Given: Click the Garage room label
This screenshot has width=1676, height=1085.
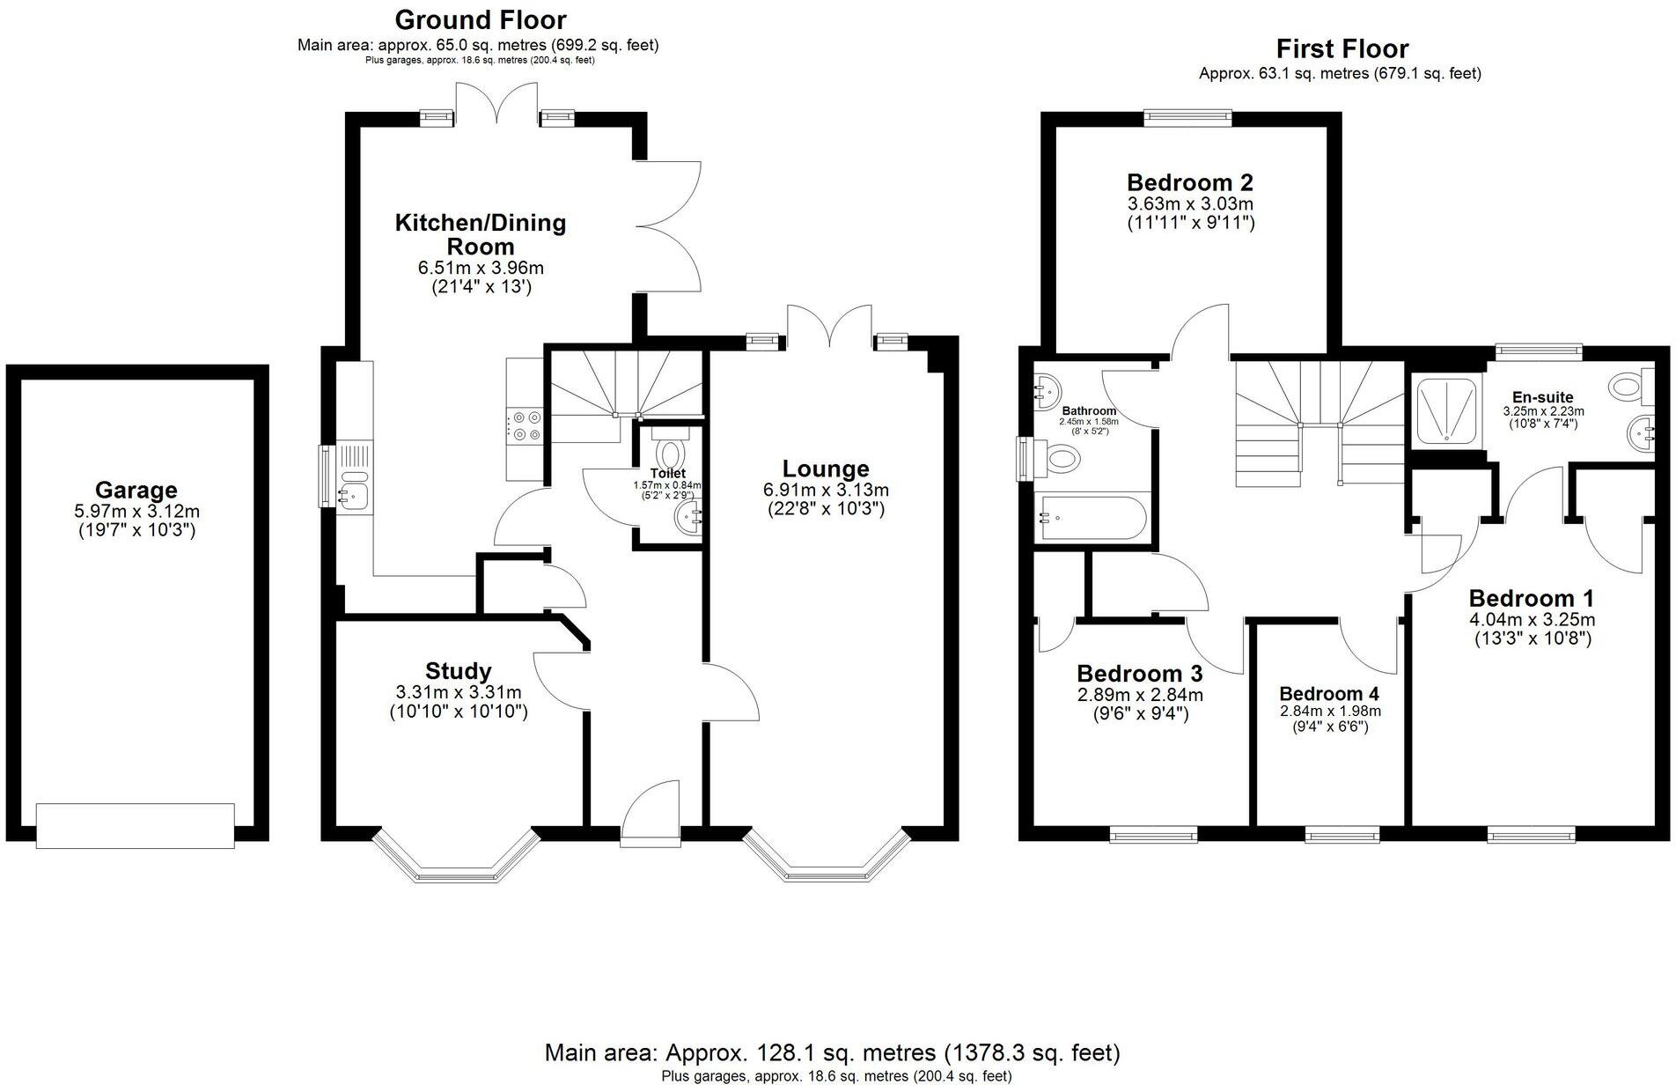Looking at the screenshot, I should [x=136, y=490].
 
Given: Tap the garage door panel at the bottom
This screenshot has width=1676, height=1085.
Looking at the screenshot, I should [x=136, y=825].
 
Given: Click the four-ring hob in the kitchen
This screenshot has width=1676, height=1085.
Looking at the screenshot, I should [x=524, y=425].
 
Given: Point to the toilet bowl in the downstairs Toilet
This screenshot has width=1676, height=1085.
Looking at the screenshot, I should [x=671, y=454].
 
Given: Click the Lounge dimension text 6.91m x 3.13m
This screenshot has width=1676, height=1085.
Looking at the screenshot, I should [x=825, y=490].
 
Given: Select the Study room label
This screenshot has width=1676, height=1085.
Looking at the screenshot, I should [x=458, y=671].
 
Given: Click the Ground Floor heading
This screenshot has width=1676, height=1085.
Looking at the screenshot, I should [x=480, y=19].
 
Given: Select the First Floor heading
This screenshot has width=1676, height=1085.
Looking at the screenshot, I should [x=1342, y=48].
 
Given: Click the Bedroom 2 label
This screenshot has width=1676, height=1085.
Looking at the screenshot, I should [x=1190, y=182].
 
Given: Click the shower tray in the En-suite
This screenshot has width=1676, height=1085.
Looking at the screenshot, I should [x=1444, y=410].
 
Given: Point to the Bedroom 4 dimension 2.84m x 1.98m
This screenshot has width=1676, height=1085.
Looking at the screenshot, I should [x=1329, y=712].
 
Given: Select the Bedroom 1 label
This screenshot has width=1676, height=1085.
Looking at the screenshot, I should [x=1531, y=598].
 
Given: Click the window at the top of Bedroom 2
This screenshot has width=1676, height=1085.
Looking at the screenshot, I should [x=1187, y=114].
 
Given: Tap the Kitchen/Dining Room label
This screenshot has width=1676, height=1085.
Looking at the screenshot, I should [x=480, y=234].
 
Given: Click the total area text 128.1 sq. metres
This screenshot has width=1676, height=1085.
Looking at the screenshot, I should [x=831, y=1052].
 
